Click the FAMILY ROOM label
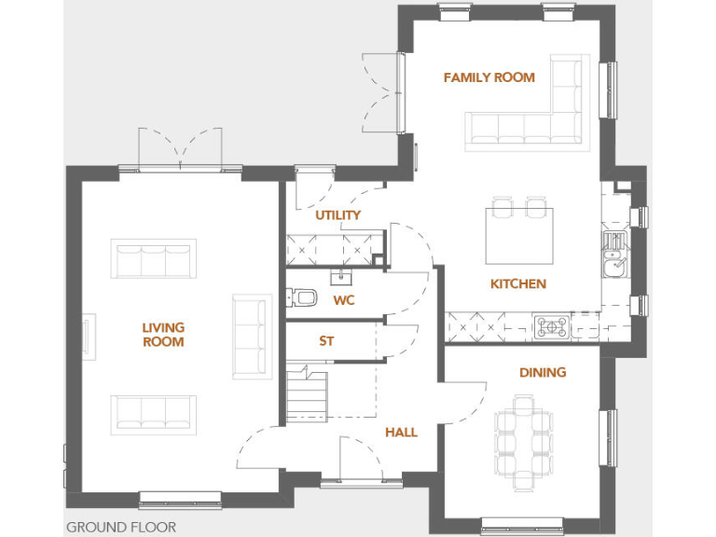click(x=489, y=77)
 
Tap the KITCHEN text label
click(x=518, y=283)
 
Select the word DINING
click(x=543, y=372)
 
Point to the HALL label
click(x=401, y=433)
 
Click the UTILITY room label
click(x=337, y=215)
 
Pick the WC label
click(x=344, y=300)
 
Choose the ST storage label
click(x=326, y=341)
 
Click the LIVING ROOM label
click(x=163, y=335)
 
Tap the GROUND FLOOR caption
click(x=120, y=527)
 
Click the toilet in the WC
click(x=301, y=298)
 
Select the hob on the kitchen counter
click(x=551, y=326)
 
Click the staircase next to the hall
click(x=307, y=393)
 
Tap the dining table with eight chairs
click(x=523, y=443)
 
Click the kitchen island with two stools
click(x=518, y=236)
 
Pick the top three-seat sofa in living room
click(x=154, y=258)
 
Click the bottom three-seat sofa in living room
click(x=154, y=413)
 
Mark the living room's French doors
click(x=180, y=149)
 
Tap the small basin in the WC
click(x=338, y=277)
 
